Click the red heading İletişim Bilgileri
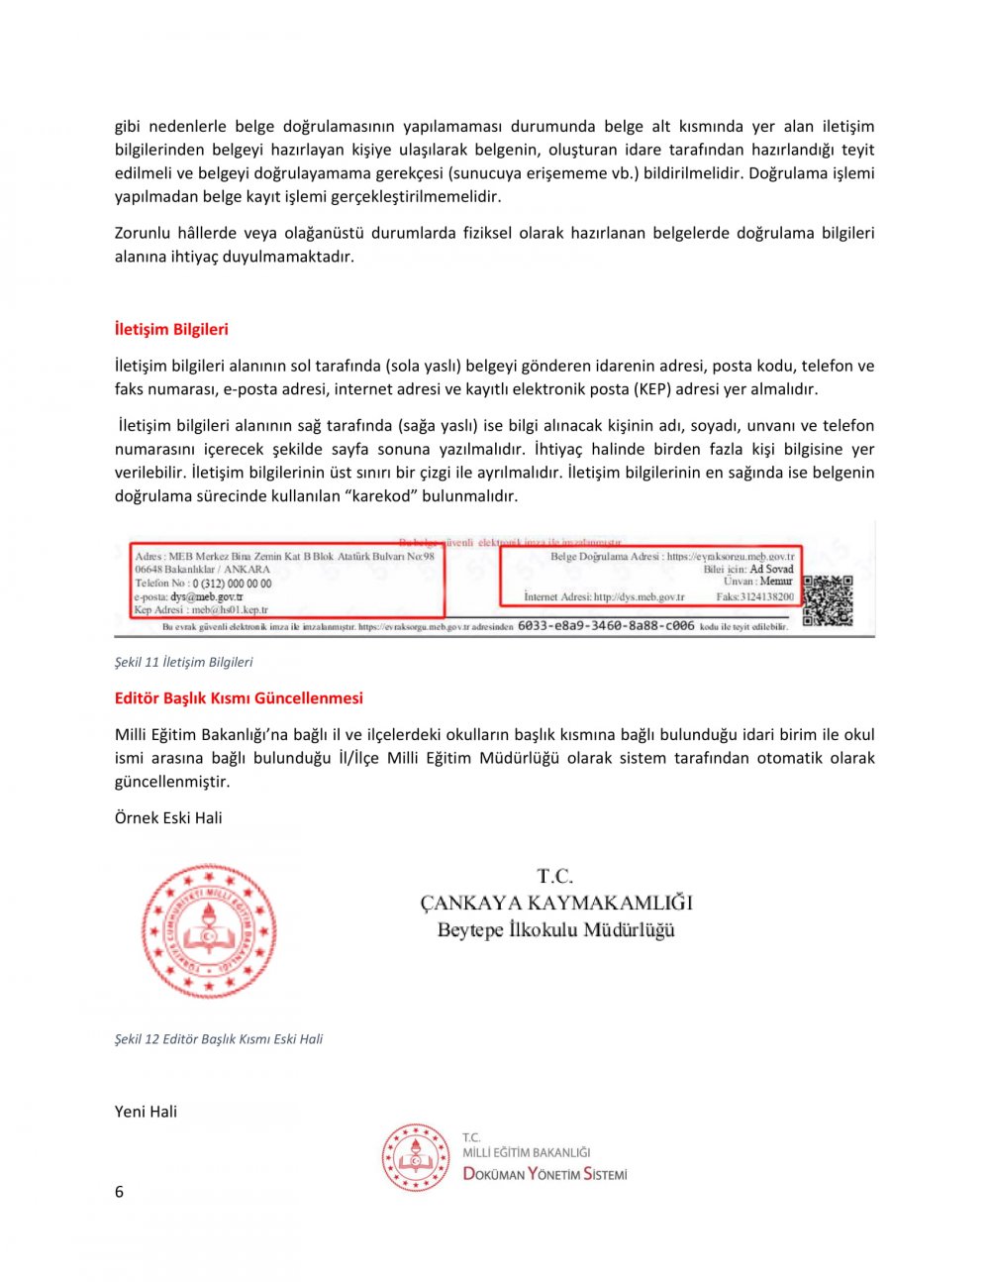click(171, 329)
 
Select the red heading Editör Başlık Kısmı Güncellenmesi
click(239, 697)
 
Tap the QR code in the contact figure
click(827, 601)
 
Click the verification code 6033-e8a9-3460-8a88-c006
click(606, 626)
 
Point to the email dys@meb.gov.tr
click(207, 597)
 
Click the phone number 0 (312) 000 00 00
click(232, 584)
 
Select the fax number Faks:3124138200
click(754, 597)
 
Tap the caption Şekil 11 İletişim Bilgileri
click(183, 662)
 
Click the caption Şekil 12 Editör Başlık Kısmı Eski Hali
click(219, 1039)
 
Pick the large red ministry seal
click(209, 930)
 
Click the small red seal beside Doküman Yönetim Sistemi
click(416, 1156)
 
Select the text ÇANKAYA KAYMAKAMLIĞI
click(555, 903)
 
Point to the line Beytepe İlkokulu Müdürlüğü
click(555, 930)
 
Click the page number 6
click(119, 1192)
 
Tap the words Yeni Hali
click(146, 1112)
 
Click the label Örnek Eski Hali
click(168, 817)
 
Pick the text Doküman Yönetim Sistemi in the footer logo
click(544, 1174)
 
